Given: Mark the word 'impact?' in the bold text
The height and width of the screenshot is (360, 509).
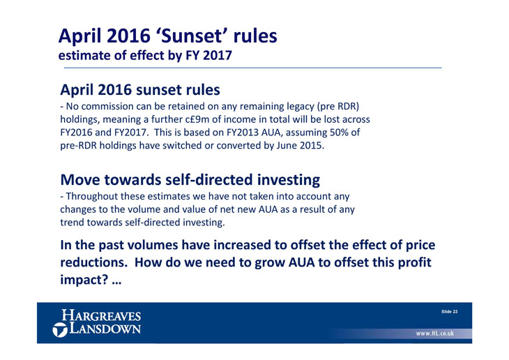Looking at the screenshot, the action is coord(84,280).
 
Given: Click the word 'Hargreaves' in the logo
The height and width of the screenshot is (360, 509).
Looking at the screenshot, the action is coord(101,315).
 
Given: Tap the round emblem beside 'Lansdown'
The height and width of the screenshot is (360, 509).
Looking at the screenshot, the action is coord(60,330).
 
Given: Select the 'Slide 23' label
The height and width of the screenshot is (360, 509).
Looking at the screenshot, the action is coord(449,312).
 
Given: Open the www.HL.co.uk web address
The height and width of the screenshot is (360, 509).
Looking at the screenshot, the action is coord(434,333).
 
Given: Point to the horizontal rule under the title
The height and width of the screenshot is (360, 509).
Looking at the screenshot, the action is coord(253,68).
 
